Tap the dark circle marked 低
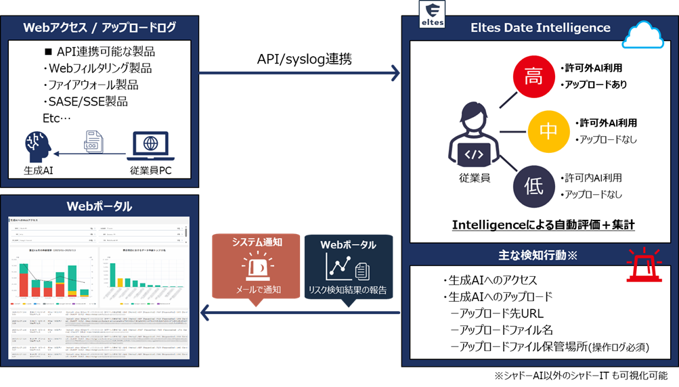click(534, 185)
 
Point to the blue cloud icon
click(644, 35)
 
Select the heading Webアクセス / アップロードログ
click(100, 28)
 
